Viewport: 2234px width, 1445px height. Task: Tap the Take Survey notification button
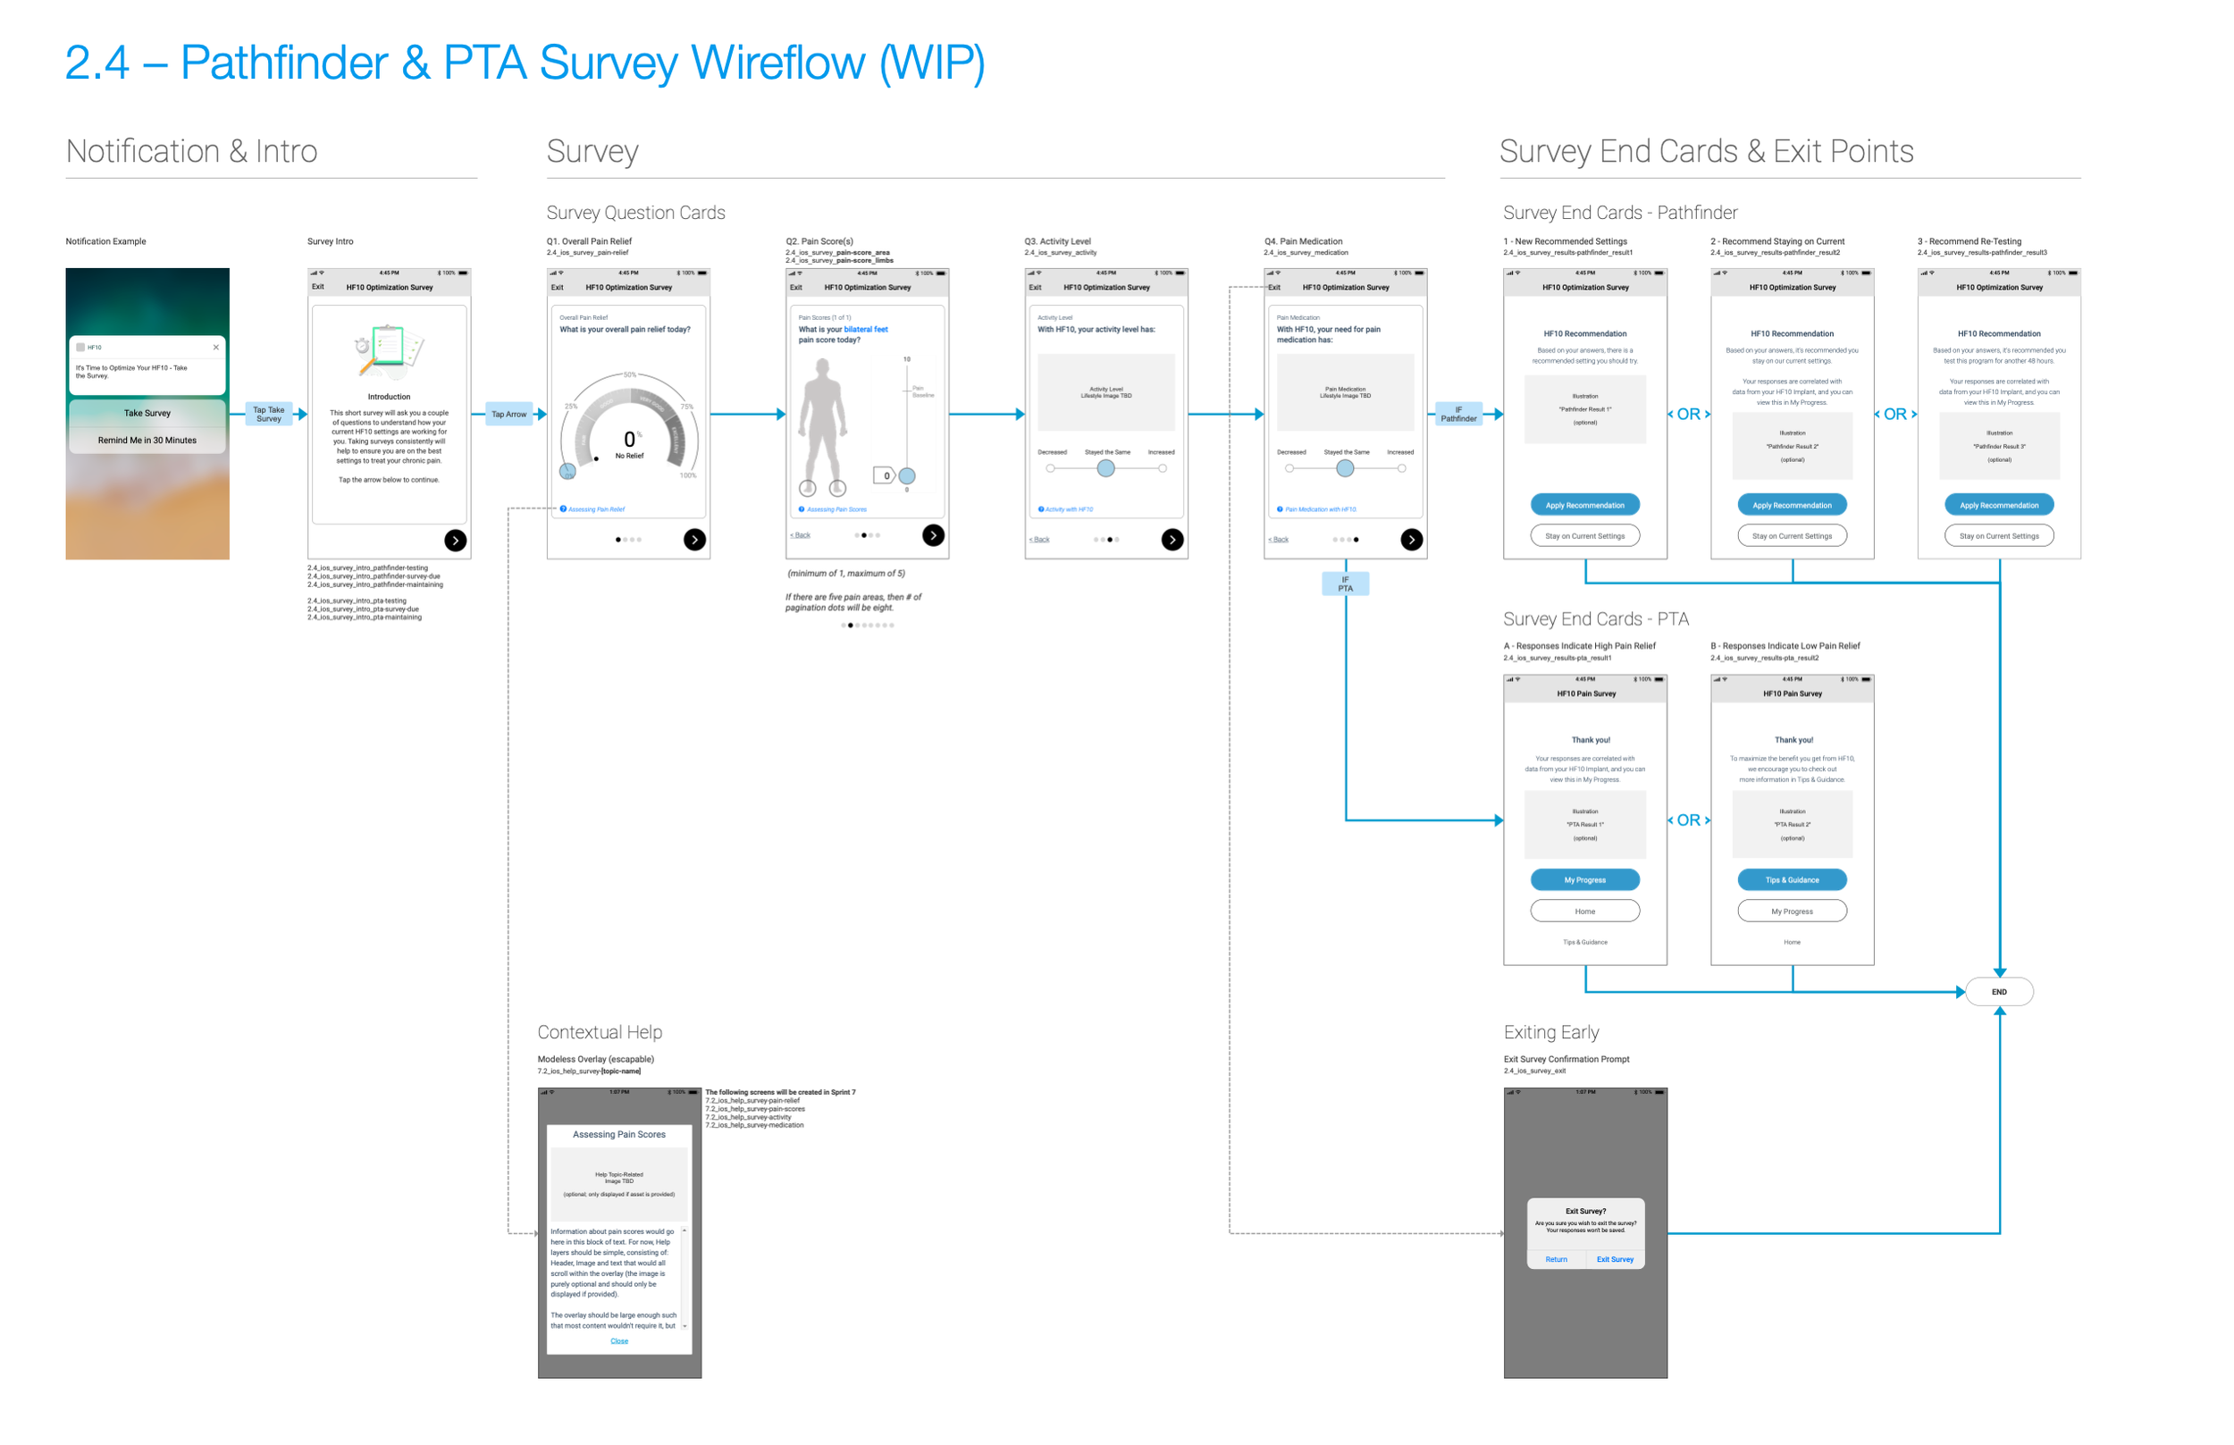[x=147, y=413]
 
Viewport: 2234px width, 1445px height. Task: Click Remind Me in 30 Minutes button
[x=147, y=440]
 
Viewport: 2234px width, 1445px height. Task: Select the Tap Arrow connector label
[x=508, y=414]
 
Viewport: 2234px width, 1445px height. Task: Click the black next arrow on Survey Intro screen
[x=455, y=540]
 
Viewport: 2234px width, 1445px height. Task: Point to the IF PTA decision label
[x=1345, y=584]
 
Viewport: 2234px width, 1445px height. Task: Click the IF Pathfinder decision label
[x=1458, y=414]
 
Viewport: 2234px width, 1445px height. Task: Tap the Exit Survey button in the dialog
[x=1614, y=1259]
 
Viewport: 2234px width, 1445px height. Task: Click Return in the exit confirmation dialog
[x=1556, y=1259]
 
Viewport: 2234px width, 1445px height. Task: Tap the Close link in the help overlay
[x=619, y=1340]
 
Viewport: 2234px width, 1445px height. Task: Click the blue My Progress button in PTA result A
[x=1584, y=880]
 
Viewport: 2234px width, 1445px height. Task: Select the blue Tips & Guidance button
[x=1791, y=880]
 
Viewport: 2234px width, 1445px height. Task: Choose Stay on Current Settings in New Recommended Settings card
[x=1584, y=536]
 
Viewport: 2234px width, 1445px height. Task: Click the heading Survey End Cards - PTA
[x=1595, y=619]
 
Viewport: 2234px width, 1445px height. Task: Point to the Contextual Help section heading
[x=600, y=1032]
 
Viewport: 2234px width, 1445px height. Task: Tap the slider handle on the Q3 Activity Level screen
[x=1106, y=468]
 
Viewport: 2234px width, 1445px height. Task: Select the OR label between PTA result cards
[x=1688, y=820]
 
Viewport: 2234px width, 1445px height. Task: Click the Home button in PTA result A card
[x=1584, y=912]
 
